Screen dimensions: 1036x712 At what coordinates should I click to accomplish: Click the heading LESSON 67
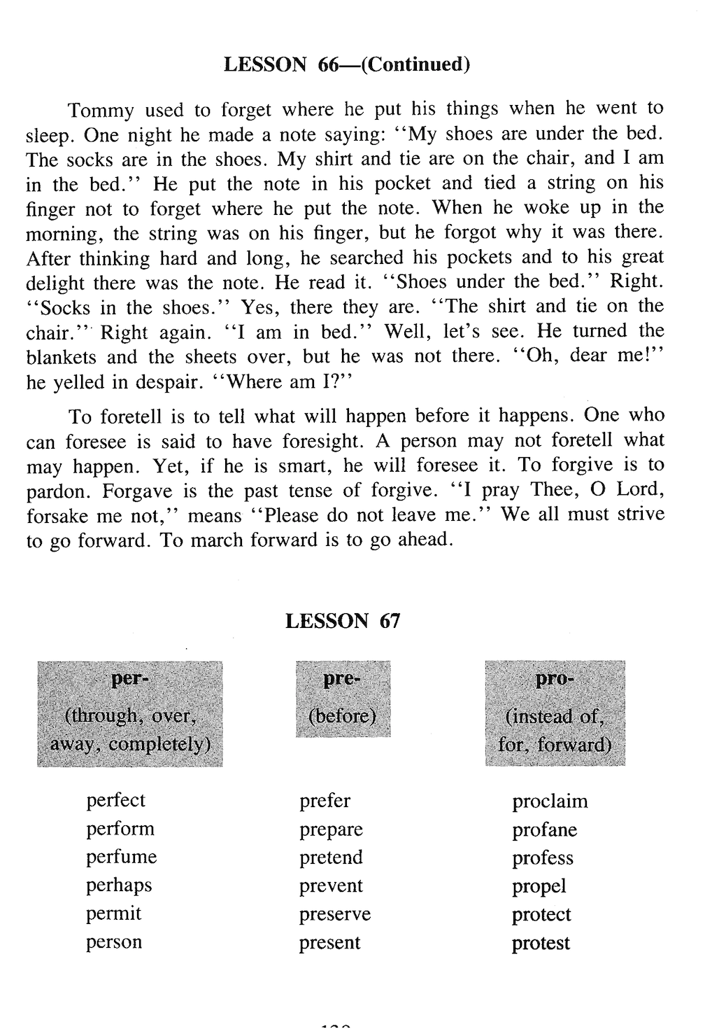coord(343,621)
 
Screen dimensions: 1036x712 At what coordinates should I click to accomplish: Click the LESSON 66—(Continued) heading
coord(346,64)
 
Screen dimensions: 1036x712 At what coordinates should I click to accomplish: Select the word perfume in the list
coord(122,857)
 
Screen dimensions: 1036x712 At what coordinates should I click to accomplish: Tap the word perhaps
coord(119,885)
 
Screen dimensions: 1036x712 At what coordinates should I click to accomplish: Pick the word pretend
coord(331,857)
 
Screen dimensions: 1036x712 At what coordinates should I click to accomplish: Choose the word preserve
coord(335,914)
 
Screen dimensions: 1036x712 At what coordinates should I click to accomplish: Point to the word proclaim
coord(550,801)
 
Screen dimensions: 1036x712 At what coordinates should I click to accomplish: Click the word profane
coord(544,829)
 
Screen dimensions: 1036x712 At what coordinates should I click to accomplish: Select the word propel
coord(539,887)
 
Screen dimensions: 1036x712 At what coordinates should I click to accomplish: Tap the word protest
coord(541,943)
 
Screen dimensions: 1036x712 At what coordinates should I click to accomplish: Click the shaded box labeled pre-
coord(343,699)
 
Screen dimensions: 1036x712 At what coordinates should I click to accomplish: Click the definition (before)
coord(343,715)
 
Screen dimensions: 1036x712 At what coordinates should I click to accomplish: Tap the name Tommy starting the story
coord(101,111)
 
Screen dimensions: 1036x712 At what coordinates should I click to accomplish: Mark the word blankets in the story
coord(61,357)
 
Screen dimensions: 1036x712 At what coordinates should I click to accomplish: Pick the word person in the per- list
coord(114,942)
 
